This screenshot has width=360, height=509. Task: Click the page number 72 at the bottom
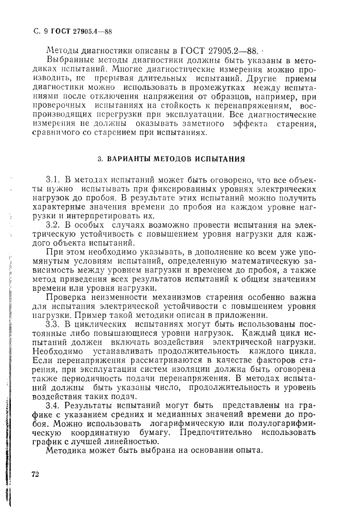click(x=35, y=474)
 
